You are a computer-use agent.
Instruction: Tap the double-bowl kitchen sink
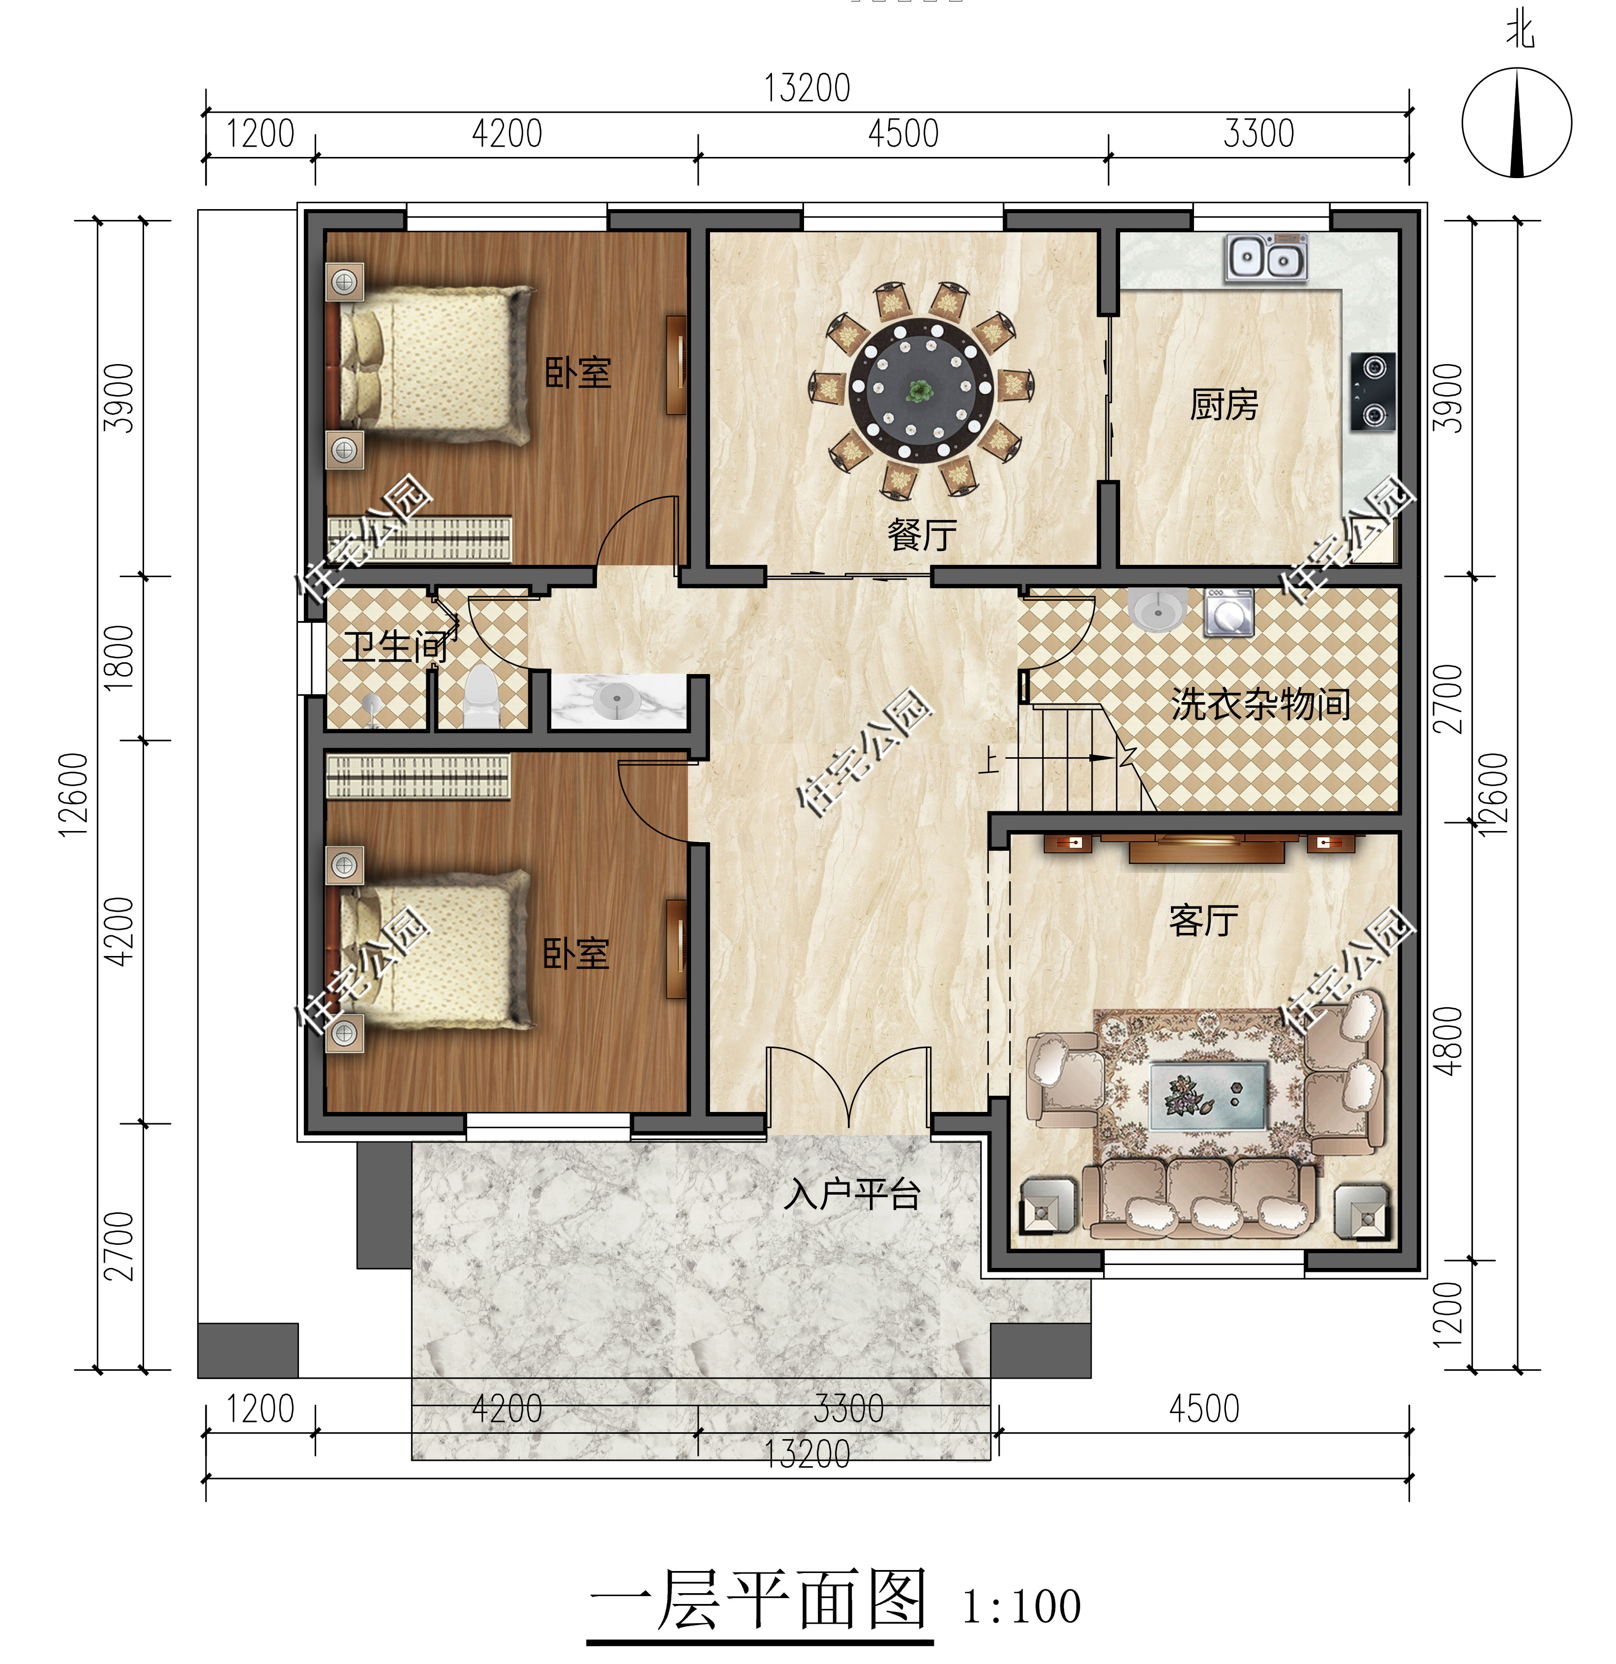(1265, 258)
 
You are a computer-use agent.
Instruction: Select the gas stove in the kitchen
(1373, 391)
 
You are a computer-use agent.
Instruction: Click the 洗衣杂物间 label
(1260, 705)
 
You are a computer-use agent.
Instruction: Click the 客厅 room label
(1203, 920)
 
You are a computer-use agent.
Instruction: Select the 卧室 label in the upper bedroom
(577, 372)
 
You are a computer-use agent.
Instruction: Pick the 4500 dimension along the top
(903, 134)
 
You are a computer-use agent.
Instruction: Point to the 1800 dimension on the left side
(120, 658)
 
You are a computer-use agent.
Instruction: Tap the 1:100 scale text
(1021, 1606)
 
